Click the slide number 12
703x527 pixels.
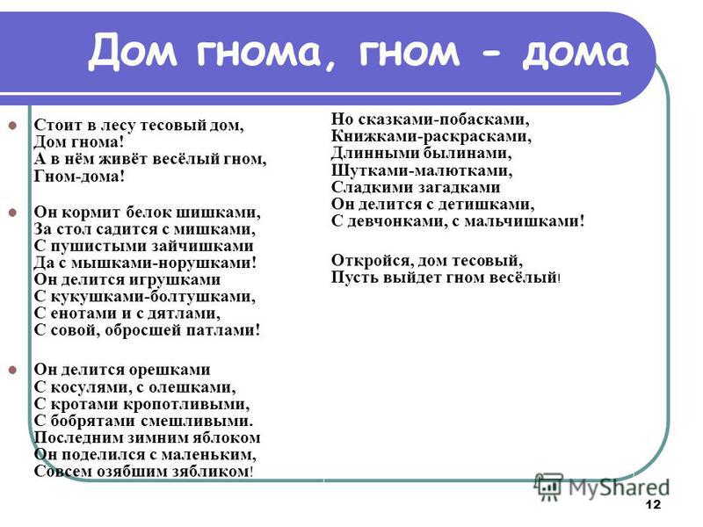(x=654, y=504)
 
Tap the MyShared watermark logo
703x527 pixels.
(x=602, y=487)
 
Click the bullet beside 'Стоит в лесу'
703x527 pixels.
(x=12, y=125)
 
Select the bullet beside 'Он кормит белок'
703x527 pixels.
(x=12, y=213)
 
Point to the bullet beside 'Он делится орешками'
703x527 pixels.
(x=12, y=370)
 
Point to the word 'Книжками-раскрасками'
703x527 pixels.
(x=431, y=136)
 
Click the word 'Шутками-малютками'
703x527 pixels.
(x=422, y=170)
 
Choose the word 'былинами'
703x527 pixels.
(x=467, y=153)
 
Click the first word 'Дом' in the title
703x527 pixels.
(x=133, y=51)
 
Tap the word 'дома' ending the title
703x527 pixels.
(x=576, y=53)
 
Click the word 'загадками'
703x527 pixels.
(x=460, y=187)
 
